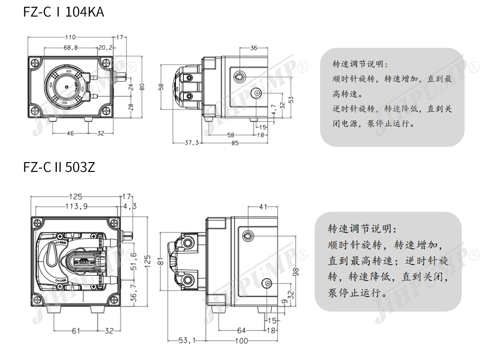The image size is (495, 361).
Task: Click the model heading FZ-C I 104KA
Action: click(x=64, y=11)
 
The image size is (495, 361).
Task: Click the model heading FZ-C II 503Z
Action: click(x=59, y=167)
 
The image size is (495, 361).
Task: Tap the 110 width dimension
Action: click(x=70, y=38)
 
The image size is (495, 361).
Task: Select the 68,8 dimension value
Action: click(x=70, y=47)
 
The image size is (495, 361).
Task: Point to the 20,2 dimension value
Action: click(x=104, y=47)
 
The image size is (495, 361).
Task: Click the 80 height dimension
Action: click(x=142, y=86)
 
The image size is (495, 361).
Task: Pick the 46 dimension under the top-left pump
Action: click(x=70, y=133)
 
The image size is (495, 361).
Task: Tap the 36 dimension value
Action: click(x=253, y=48)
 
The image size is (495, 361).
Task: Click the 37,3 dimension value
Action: click(x=192, y=143)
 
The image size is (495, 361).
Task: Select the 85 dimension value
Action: click(x=235, y=143)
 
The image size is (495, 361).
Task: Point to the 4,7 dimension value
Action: click(x=274, y=110)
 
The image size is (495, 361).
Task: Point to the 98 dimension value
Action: click(x=296, y=272)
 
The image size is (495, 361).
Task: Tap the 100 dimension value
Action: click(x=241, y=340)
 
